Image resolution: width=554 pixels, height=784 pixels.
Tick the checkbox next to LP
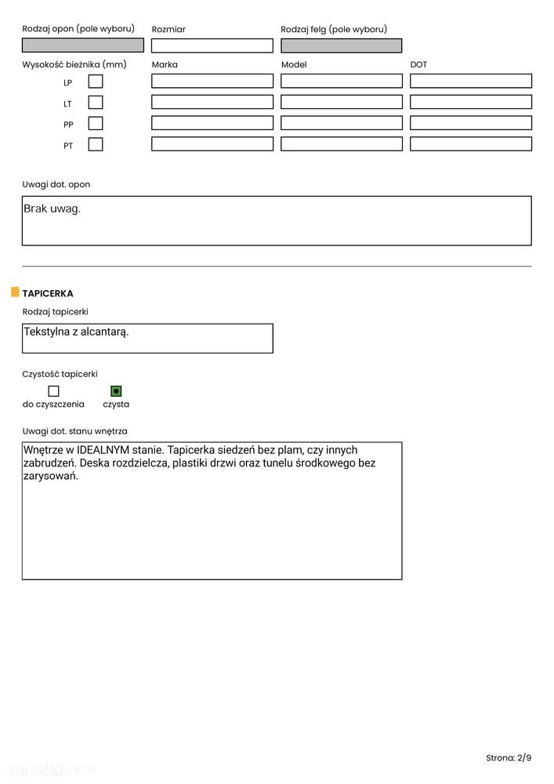point(96,81)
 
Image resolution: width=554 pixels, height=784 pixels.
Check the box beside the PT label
point(96,144)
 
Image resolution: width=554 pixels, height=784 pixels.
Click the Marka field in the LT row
point(212,102)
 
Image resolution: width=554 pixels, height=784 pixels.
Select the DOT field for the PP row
point(470,123)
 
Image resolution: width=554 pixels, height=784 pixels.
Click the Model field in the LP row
point(342,81)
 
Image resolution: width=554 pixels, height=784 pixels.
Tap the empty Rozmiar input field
point(212,45)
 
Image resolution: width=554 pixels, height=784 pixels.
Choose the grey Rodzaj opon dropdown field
point(82,45)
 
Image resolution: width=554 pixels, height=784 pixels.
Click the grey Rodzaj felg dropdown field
point(342,45)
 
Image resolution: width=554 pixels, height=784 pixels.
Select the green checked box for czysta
point(116,390)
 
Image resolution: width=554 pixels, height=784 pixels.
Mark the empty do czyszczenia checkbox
point(53,390)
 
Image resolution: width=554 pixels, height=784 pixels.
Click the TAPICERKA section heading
point(48,293)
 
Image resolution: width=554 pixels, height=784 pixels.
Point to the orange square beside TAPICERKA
point(15,292)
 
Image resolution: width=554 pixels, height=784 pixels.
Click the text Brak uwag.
point(53,209)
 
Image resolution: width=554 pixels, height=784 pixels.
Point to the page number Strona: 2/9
point(508,757)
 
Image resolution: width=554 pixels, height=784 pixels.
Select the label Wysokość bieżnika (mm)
point(74,64)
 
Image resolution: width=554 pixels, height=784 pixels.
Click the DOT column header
point(418,64)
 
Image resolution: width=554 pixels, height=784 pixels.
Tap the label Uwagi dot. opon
point(56,185)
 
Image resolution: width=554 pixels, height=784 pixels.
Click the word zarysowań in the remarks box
point(51,477)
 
